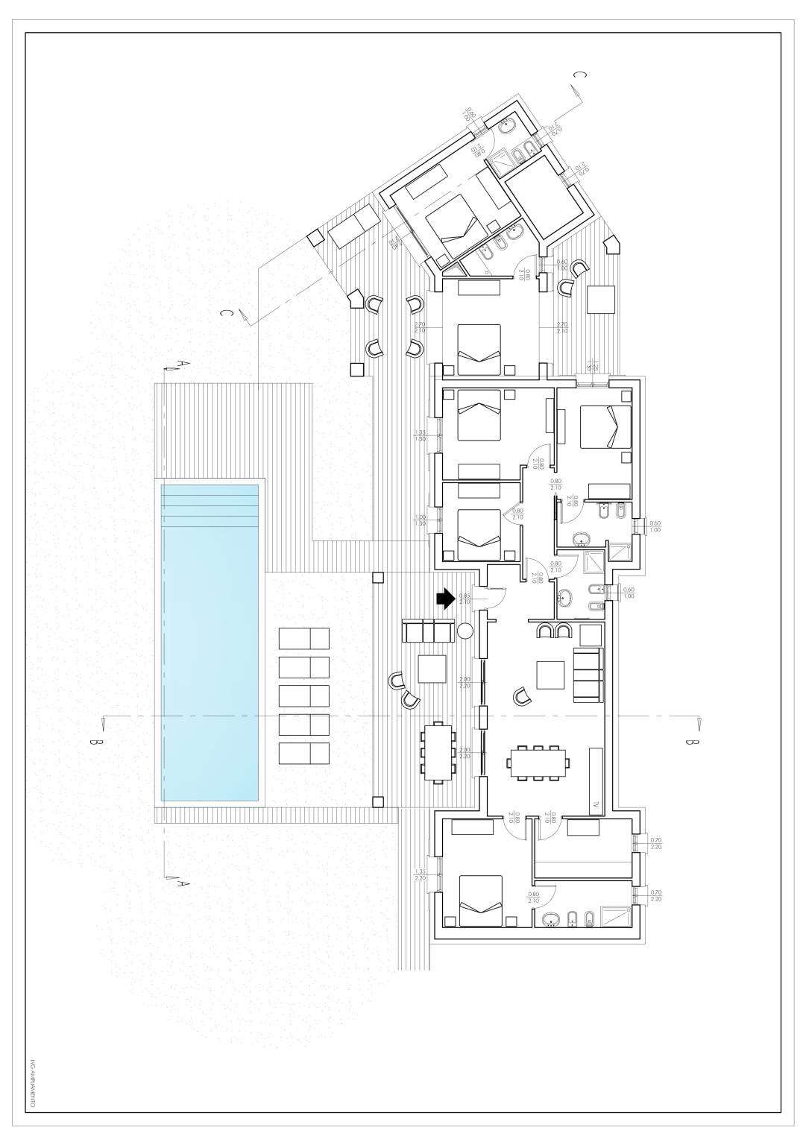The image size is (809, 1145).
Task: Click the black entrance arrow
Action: [445, 599]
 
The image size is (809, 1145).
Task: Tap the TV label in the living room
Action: [595, 806]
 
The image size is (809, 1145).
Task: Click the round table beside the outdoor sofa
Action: [465, 631]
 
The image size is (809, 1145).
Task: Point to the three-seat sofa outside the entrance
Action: [427, 631]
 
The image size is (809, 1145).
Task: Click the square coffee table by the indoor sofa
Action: [551, 675]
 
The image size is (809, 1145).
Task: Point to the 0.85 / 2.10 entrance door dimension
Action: [465, 599]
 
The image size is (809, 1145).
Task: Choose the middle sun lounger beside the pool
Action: [304, 696]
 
